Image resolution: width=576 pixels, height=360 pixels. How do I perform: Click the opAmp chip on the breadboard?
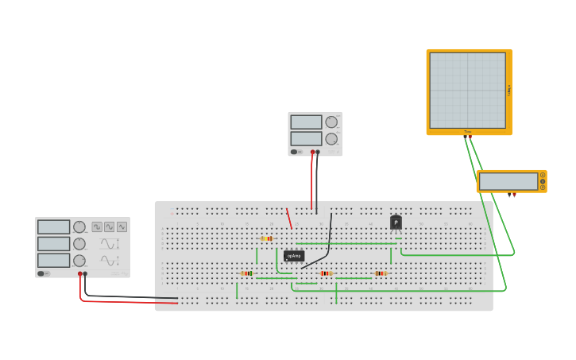click(294, 256)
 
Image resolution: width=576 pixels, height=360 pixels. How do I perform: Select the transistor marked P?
click(396, 223)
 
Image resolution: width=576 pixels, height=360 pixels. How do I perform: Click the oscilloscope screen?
click(467, 90)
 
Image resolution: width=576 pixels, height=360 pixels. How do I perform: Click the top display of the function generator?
click(54, 227)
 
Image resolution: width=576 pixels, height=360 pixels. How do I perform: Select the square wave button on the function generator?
click(97, 226)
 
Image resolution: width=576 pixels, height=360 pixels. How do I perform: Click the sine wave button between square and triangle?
click(110, 226)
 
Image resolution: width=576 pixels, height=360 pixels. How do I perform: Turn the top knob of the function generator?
click(79, 227)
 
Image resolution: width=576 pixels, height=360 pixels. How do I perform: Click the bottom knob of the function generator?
click(79, 261)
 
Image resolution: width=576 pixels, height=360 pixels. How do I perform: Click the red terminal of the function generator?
click(80, 274)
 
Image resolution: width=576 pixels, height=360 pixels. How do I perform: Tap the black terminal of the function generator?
click(86, 274)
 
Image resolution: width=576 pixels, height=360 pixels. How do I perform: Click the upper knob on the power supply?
click(331, 122)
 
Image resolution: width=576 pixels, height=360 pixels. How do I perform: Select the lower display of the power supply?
click(306, 138)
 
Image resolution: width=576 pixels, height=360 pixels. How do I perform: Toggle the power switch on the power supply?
click(295, 152)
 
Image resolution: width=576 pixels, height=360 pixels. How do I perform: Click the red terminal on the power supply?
click(312, 152)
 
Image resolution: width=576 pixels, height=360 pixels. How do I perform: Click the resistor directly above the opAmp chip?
click(266, 238)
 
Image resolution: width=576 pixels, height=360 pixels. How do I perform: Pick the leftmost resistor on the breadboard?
click(247, 273)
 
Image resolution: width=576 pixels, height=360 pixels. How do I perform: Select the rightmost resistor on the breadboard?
click(381, 273)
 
